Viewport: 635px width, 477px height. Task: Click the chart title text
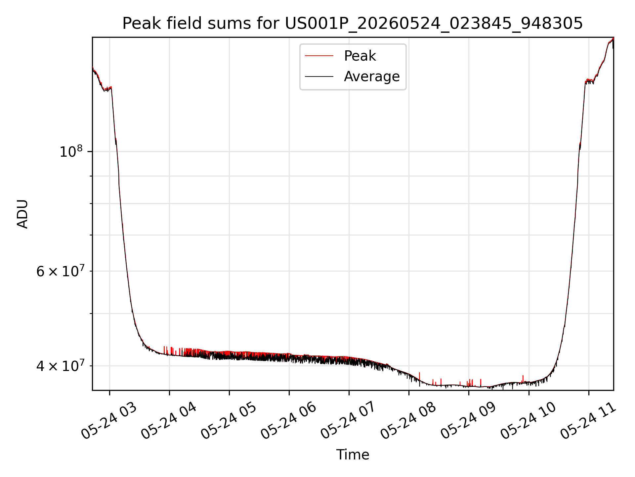pyautogui.click(x=353, y=24)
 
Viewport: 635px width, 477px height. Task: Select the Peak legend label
pyautogui.click(x=360, y=56)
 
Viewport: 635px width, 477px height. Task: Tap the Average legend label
pyautogui.click(x=372, y=77)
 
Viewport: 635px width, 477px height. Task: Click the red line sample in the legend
pyautogui.click(x=319, y=56)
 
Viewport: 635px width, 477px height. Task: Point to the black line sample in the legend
pyautogui.click(x=319, y=77)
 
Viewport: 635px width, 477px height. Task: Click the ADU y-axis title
pyautogui.click(x=22, y=214)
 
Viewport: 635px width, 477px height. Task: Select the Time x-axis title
pyautogui.click(x=353, y=455)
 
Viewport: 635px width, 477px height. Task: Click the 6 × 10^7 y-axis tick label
pyautogui.click(x=60, y=271)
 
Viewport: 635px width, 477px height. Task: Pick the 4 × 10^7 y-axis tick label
pyautogui.click(x=60, y=366)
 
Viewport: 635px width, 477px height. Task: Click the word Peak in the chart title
pyautogui.click(x=139, y=24)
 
